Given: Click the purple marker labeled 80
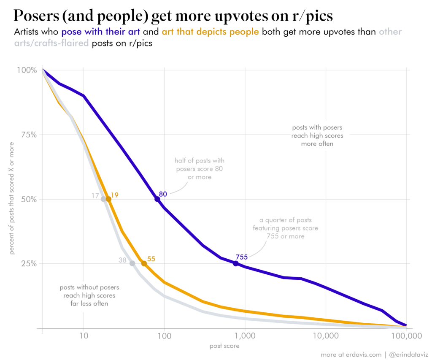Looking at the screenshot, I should pyautogui.click(x=157, y=199).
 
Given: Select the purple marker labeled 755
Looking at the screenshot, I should pyautogui.click(x=236, y=263).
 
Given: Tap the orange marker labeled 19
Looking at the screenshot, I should pyautogui.click(x=108, y=199).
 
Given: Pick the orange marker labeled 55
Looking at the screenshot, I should pyautogui.click(x=144, y=263).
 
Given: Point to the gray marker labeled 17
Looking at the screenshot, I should pyautogui.click(x=103, y=199).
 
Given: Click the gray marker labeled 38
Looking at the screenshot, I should pyautogui.click(x=132, y=263).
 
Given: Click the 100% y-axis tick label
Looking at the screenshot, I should pyautogui.click(x=27, y=70).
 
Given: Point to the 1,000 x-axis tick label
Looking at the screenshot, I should pyautogui.click(x=245, y=336).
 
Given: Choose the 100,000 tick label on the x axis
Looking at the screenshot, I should pyautogui.click(x=406, y=336).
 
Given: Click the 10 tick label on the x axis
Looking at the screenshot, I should pyautogui.click(x=84, y=336).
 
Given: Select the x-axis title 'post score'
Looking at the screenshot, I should pyautogui.click(x=224, y=346).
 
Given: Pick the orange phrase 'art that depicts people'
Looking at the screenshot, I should pyautogui.click(x=210, y=32).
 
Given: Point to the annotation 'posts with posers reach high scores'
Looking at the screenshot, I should pyautogui.click(x=317, y=135).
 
